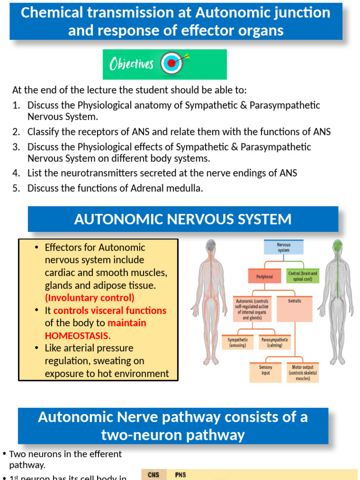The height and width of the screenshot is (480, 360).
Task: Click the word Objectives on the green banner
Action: [x=131, y=64]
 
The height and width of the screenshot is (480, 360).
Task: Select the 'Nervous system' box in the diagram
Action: [x=284, y=247]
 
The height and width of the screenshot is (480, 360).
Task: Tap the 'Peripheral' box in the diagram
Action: [x=264, y=277]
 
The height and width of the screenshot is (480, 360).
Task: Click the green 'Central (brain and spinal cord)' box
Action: [x=302, y=276]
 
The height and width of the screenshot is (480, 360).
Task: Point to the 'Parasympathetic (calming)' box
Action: [x=275, y=342]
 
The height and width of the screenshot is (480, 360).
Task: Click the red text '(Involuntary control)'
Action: [x=90, y=298]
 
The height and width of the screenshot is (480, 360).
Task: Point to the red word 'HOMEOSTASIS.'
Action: [x=78, y=336]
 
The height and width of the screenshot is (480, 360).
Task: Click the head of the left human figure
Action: [x=211, y=246]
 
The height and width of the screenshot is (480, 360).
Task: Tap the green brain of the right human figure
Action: [x=337, y=245]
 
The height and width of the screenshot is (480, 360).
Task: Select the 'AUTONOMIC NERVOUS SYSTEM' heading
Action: [x=183, y=219]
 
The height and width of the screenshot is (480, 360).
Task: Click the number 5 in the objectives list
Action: [x=16, y=188]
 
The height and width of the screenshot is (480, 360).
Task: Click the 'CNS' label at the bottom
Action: [x=153, y=474]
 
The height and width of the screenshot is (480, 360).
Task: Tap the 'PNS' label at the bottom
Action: [x=180, y=474]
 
